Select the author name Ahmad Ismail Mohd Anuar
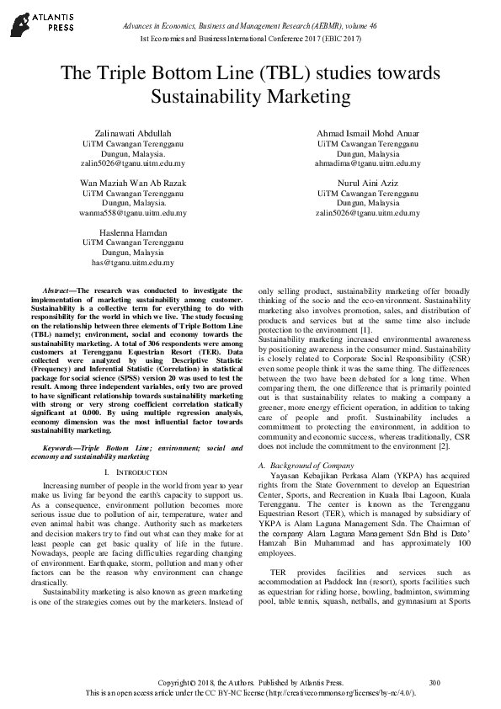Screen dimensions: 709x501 point(368,133)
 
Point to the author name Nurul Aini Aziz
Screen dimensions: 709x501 point(368,182)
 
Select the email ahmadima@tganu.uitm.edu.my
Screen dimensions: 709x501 point(368,163)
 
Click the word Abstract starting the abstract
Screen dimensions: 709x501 point(56,289)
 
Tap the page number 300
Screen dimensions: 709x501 point(434,681)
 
